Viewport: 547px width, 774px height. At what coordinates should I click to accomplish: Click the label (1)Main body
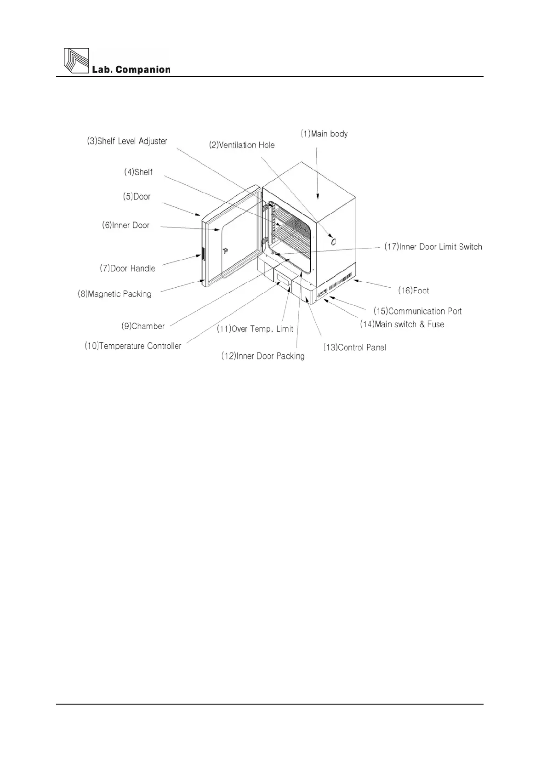click(324, 134)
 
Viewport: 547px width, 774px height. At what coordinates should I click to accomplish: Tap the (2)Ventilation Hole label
click(242, 145)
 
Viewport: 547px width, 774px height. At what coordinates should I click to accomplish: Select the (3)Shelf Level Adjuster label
click(127, 141)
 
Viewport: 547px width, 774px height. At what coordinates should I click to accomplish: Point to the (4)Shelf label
click(138, 172)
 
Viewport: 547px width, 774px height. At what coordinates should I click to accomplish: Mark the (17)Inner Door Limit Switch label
click(433, 247)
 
